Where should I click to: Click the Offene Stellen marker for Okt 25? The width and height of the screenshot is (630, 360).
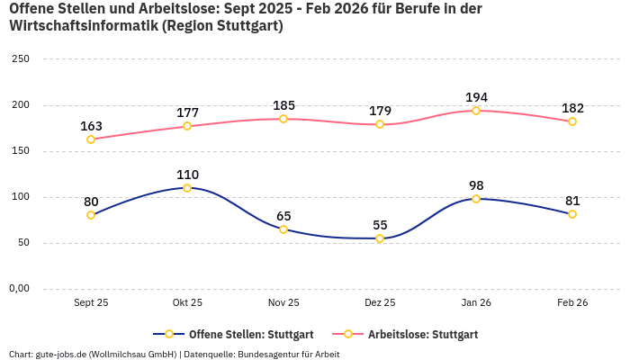pyautogui.click(x=187, y=188)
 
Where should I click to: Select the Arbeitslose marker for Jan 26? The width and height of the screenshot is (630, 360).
pyautogui.click(x=476, y=111)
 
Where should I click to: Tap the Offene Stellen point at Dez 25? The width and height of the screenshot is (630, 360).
pyautogui.click(x=380, y=238)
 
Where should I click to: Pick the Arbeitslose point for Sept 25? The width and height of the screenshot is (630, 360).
pyautogui.click(x=91, y=139)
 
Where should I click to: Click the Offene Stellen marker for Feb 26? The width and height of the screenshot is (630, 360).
pyautogui.click(x=572, y=214)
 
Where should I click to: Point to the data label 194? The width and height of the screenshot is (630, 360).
pyautogui.click(x=476, y=97)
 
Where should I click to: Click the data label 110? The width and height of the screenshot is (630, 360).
pyautogui.click(x=187, y=175)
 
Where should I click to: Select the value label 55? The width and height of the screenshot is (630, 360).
pyautogui.click(x=380, y=225)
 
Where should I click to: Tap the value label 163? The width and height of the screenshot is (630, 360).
pyautogui.click(x=91, y=126)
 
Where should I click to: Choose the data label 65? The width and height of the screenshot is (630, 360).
pyautogui.click(x=283, y=216)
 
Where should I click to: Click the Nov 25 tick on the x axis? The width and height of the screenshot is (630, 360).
pyautogui.click(x=283, y=303)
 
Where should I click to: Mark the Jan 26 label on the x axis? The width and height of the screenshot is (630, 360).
pyautogui.click(x=476, y=303)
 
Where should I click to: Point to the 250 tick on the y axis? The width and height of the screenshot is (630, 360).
pyautogui.click(x=20, y=59)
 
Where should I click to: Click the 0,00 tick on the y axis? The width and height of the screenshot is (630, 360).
pyautogui.click(x=20, y=289)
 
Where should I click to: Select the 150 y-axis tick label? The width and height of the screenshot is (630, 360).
pyautogui.click(x=20, y=151)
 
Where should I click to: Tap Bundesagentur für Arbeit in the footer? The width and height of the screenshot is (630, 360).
pyautogui.click(x=288, y=355)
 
